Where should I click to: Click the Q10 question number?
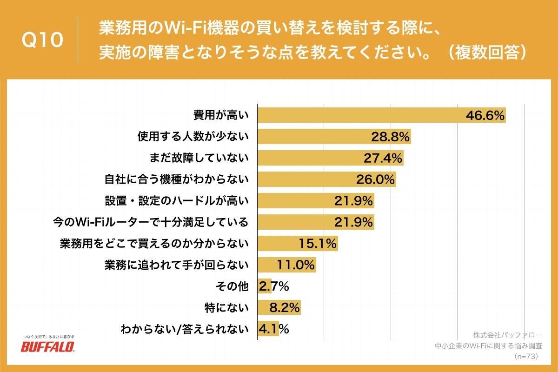click(42, 40)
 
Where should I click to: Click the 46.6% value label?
click(485, 116)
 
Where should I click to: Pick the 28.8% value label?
click(390, 137)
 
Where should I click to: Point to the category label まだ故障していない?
click(199, 158)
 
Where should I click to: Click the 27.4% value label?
click(383, 158)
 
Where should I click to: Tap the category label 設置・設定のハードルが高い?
click(177, 201)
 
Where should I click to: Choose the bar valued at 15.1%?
click(298, 244)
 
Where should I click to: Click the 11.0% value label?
click(296, 265)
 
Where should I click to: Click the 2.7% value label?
click(274, 286)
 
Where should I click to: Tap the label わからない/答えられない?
click(185, 329)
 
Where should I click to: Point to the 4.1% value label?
click(274, 329)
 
